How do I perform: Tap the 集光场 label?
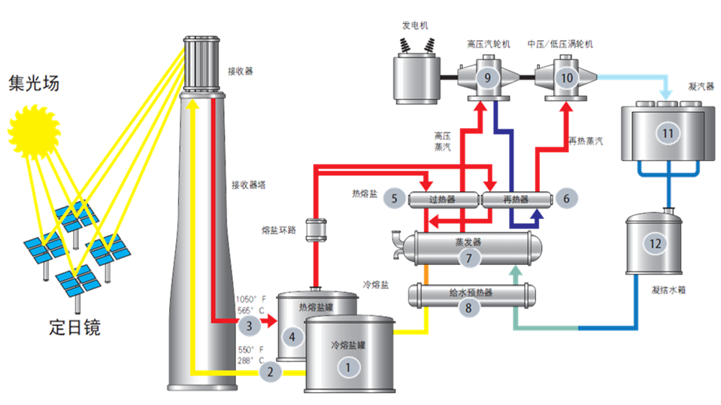pos(33,82)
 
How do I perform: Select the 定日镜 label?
pos(74,327)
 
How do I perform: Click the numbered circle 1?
pos(347,370)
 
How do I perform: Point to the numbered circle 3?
pos(250,325)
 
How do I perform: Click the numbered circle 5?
pos(393,199)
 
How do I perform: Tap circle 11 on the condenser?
pos(666,133)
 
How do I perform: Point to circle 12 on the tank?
pos(655,242)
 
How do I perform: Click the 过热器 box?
pos(444,199)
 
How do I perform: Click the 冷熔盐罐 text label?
pos(347,346)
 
